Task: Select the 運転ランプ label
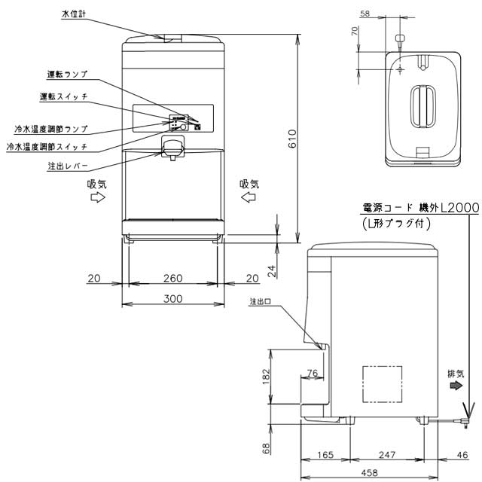tap(68, 75)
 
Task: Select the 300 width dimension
tap(173, 299)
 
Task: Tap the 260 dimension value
tap(173, 278)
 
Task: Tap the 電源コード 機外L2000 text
tap(410, 207)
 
